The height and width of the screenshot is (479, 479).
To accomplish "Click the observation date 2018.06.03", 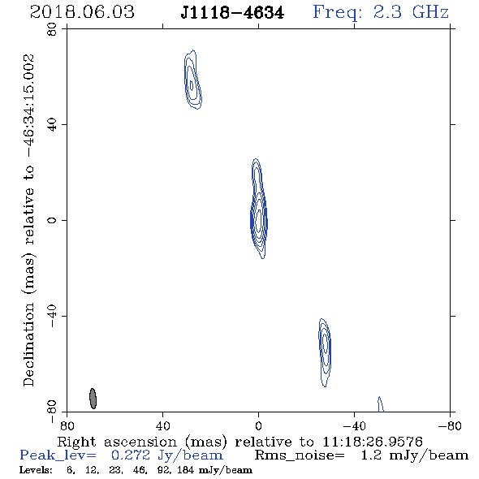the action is tap(82, 12).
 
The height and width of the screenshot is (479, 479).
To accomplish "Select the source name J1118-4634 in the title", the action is tap(232, 13).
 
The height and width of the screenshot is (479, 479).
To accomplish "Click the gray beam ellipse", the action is tap(93, 399).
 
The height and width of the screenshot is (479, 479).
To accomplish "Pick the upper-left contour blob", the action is tap(192, 80).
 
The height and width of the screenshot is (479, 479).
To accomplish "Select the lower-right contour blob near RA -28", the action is tap(325, 352).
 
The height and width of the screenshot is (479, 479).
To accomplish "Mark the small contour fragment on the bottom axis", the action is tap(380, 404).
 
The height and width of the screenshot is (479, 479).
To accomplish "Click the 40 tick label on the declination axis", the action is tap(52, 125).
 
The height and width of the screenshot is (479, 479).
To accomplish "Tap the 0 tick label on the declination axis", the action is tap(52, 220).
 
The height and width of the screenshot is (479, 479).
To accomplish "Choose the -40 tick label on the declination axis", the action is tap(52, 316).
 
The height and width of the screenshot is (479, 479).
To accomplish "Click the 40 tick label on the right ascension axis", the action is tap(163, 425).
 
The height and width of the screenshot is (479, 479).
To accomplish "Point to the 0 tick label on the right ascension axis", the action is tap(258, 425).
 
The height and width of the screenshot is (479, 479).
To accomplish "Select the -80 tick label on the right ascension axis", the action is tap(450, 425).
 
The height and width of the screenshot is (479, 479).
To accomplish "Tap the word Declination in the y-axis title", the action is tap(28, 344).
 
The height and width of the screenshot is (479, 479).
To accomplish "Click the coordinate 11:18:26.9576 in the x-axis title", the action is tap(373, 442).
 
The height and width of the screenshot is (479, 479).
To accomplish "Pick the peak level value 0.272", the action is tap(131, 455).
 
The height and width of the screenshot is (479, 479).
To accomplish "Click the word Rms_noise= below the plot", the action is tap(300, 455).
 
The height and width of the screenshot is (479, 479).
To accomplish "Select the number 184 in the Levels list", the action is tap(185, 469).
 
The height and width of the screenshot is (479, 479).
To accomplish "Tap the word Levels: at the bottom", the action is tap(36, 469).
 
